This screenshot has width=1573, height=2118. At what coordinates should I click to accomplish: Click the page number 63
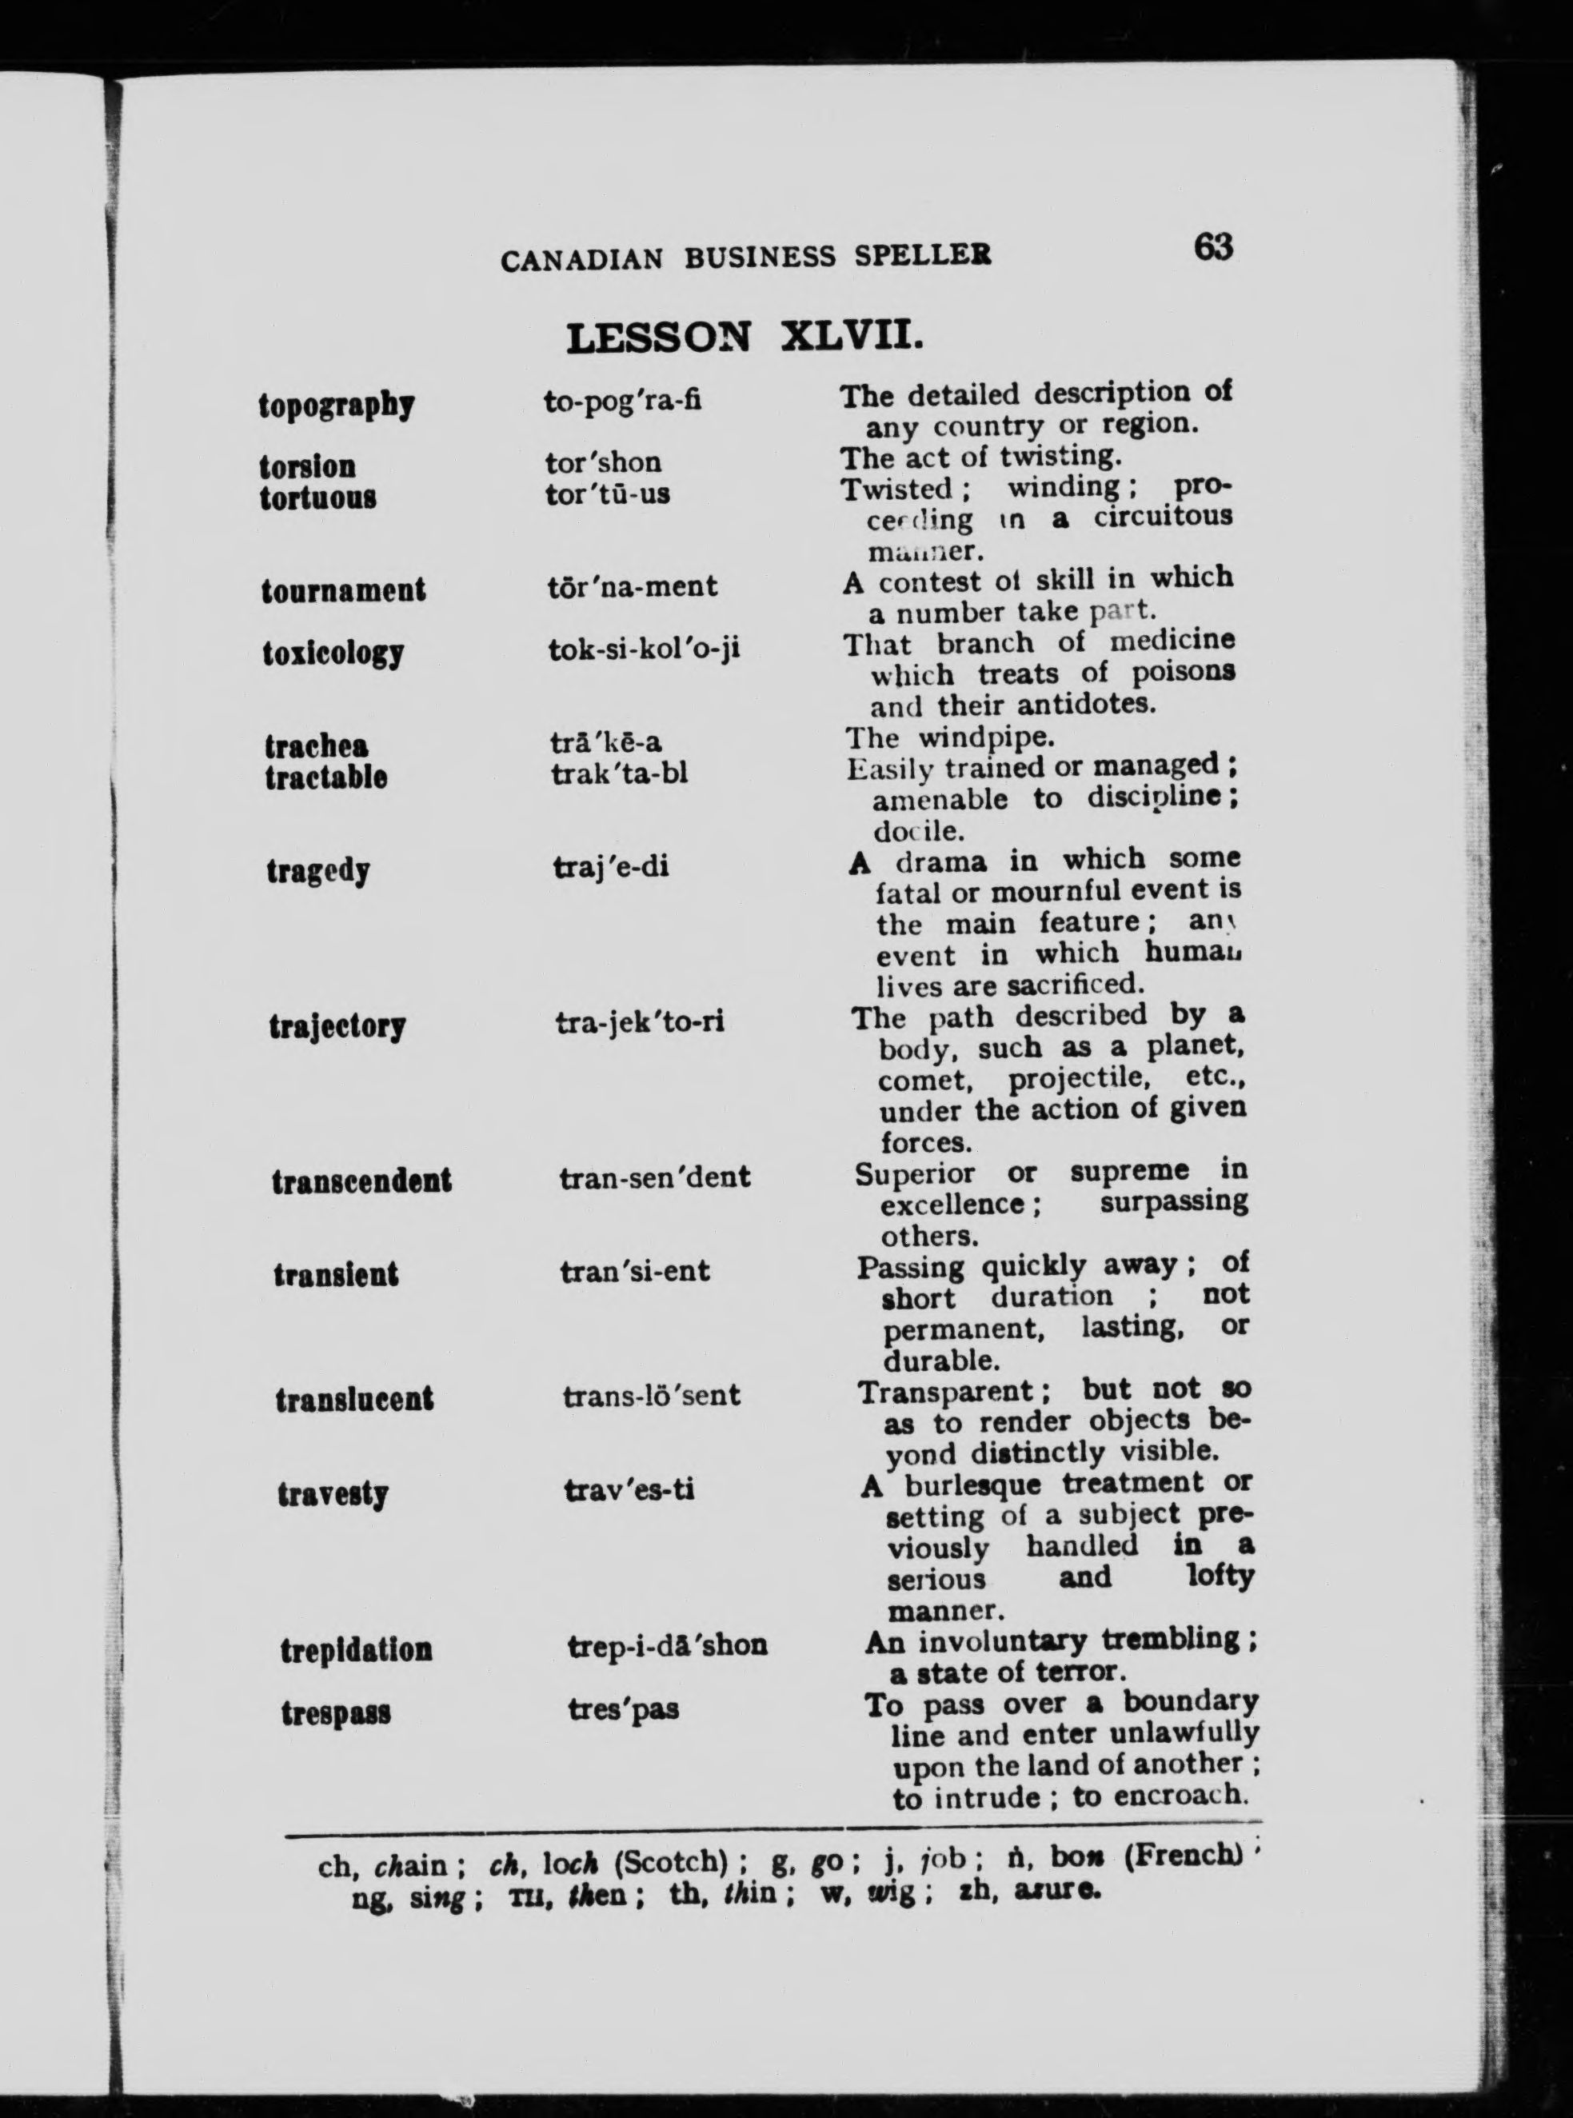(x=1212, y=248)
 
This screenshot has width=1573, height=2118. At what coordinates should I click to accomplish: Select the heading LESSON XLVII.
(x=744, y=337)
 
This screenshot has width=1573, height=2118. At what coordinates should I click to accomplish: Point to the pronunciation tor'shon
(x=603, y=463)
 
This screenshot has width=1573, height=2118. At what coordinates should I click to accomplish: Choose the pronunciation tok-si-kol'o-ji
(x=644, y=649)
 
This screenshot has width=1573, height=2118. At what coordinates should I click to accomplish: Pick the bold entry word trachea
(x=316, y=745)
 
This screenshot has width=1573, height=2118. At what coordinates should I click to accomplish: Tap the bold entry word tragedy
(x=318, y=871)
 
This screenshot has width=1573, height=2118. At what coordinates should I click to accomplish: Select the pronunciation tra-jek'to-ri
(x=639, y=1022)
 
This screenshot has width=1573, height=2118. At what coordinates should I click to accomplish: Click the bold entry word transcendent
(x=361, y=1181)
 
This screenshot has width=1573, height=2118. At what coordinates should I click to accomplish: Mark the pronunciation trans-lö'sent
(x=651, y=1396)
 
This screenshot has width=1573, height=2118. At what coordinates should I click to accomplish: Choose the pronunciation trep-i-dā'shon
(x=666, y=1645)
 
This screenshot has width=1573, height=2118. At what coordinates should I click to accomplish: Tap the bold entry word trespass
(x=335, y=1712)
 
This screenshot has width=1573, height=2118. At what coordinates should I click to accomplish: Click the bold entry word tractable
(x=325, y=777)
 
